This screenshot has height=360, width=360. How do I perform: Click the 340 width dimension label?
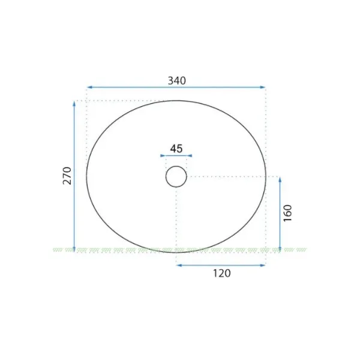[x=177, y=80]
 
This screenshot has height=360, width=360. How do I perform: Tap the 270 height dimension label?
[x=67, y=176]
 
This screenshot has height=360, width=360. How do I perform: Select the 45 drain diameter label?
[x=176, y=149]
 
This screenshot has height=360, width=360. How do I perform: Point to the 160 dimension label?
[x=287, y=213]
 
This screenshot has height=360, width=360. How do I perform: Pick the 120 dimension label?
[x=222, y=273]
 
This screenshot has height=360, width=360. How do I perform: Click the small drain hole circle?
[x=176, y=166]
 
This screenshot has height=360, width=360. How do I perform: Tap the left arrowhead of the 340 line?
[x=90, y=87]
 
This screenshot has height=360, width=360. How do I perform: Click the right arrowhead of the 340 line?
[x=263, y=87]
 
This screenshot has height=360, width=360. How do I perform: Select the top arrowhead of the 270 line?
[x=74, y=104]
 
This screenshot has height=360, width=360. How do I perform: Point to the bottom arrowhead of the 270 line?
[x=74, y=249]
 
